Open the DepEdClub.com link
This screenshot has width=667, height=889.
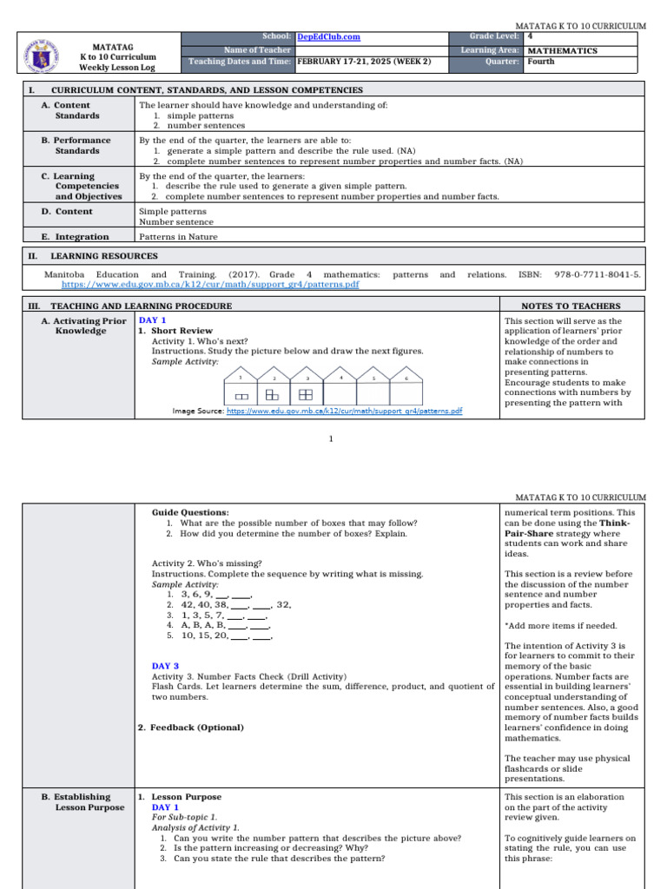pyautogui.click(x=328, y=37)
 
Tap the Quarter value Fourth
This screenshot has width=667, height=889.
pyautogui.click(x=541, y=63)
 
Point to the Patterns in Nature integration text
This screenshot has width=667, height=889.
pyautogui.click(x=179, y=237)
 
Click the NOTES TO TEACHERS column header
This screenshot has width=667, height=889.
pyautogui.click(x=571, y=306)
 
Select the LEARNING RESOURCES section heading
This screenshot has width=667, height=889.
pyautogui.click(x=104, y=256)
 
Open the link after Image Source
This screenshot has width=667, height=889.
pyautogui.click(x=344, y=411)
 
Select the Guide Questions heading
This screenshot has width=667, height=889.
pyautogui.click(x=190, y=512)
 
